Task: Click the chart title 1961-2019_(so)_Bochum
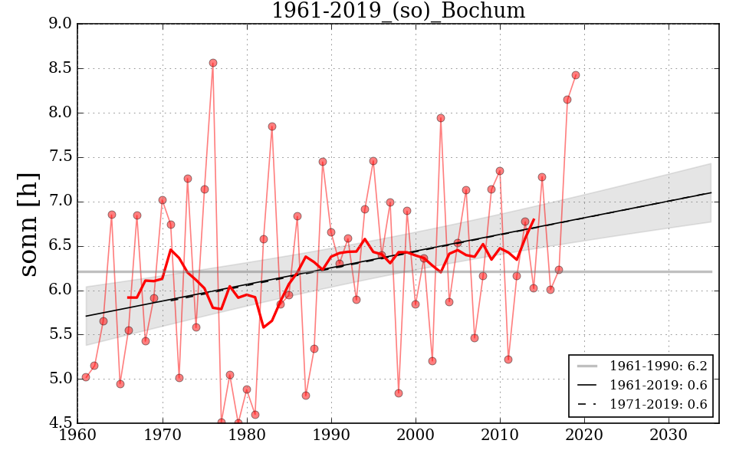click(398, 11)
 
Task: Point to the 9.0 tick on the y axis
click(61, 24)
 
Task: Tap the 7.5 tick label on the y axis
click(61, 157)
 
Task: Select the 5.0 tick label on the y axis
click(61, 379)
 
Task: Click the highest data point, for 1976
click(213, 63)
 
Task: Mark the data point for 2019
click(576, 75)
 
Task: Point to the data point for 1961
click(86, 377)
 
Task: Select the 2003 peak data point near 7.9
click(441, 118)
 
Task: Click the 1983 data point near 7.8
click(272, 127)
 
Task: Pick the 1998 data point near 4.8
click(399, 393)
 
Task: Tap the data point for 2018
click(567, 100)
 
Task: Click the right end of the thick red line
click(534, 220)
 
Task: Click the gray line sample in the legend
click(587, 366)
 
